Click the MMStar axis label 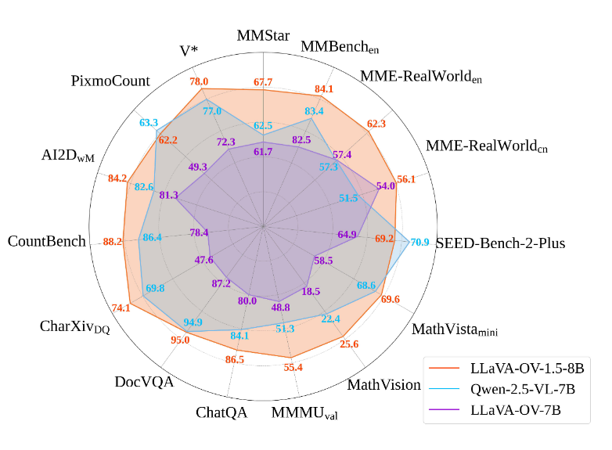(x=264, y=36)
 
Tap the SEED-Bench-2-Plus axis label (x=500, y=243)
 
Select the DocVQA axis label (x=144, y=382)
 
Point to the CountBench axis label (x=46, y=241)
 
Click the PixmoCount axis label (x=110, y=81)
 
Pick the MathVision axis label (x=384, y=384)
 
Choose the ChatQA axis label (x=221, y=412)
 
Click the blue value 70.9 (x=419, y=242)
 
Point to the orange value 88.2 (x=113, y=242)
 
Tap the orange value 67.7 (x=264, y=82)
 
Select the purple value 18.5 (x=311, y=291)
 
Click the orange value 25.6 (x=349, y=344)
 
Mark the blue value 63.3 (x=149, y=123)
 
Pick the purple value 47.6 (x=204, y=260)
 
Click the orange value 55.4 (x=293, y=366)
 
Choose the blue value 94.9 (x=193, y=322)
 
